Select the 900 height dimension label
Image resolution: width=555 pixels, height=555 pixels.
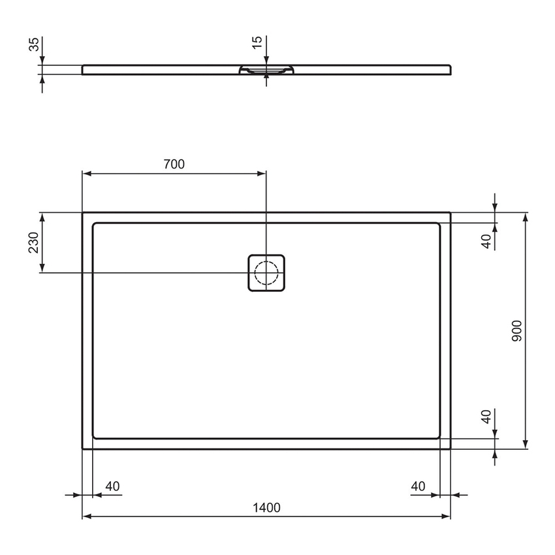click(516, 331)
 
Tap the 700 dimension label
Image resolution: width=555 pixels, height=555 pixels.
click(174, 165)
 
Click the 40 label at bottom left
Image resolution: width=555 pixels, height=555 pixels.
click(112, 486)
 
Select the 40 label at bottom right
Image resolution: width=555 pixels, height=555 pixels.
click(419, 486)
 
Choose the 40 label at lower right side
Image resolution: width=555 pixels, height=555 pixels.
click(486, 417)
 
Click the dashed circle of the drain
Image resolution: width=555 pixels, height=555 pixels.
click(266, 272)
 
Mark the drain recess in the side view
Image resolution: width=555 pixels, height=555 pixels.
click(266, 71)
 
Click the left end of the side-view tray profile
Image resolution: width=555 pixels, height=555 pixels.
click(84, 69)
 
